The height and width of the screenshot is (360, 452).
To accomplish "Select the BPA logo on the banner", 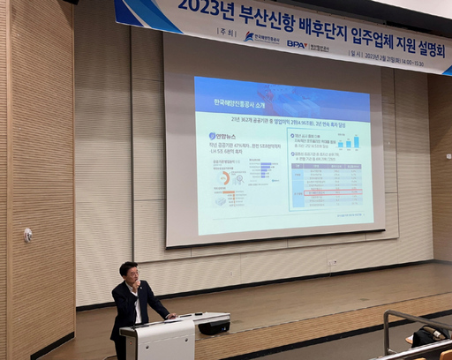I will pyautogui.click(x=297, y=43).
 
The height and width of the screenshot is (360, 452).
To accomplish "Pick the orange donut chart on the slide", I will pyautogui.click(x=224, y=177).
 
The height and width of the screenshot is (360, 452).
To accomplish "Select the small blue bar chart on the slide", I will pyautogui.click(x=350, y=141).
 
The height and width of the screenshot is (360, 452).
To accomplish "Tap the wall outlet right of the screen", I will pyautogui.click(x=332, y=262).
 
